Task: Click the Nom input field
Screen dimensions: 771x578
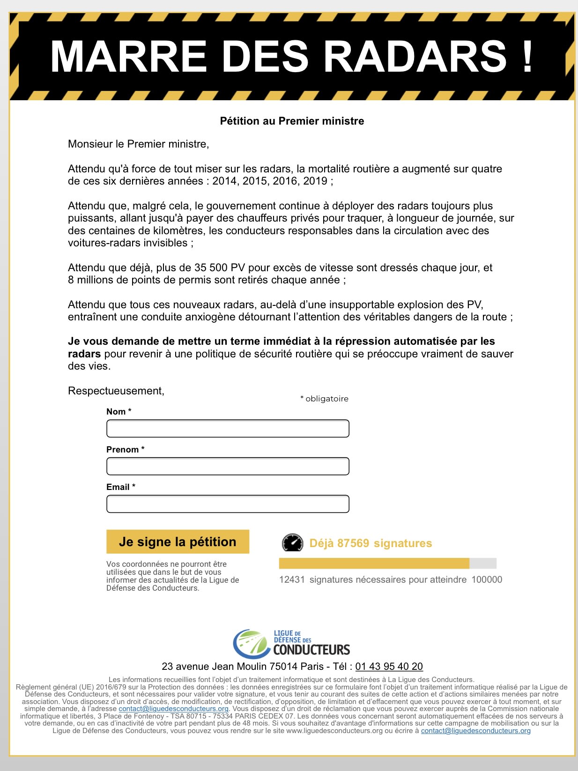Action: coord(228,429)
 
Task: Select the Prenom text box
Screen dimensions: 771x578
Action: coord(228,466)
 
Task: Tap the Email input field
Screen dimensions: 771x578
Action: coord(228,504)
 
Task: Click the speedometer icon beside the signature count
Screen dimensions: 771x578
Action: coord(293,543)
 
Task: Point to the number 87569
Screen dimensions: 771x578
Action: coord(353,543)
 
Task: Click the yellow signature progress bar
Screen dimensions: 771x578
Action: coord(374,563)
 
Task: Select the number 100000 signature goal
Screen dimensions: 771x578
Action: coord(487,579)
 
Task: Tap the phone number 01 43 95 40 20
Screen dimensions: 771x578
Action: coord(389,666)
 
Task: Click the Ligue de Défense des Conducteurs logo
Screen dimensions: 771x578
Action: coord(291,644)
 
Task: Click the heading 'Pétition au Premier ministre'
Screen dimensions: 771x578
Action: coord(292,121)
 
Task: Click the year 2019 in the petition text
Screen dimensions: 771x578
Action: coord(315,181)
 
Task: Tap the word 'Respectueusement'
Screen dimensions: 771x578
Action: coord(116,391)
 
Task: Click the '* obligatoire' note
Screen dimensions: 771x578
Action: coord(324,399)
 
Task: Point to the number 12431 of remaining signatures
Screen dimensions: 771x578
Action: coord(292,579)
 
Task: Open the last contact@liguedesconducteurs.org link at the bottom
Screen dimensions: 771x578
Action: coord(475,731)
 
